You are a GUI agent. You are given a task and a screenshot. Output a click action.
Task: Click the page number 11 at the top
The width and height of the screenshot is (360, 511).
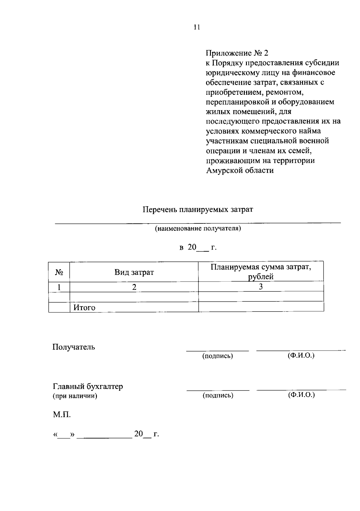click(197, 27)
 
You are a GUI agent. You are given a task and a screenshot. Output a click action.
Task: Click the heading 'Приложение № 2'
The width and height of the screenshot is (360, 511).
click(237, 53)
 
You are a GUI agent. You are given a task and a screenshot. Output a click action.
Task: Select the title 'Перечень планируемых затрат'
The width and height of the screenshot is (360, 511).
click(198, 209)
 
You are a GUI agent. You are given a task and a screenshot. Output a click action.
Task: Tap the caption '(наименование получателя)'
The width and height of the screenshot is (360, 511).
click(198, 229)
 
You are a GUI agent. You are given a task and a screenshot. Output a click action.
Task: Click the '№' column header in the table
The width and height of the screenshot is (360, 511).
click(59, 272)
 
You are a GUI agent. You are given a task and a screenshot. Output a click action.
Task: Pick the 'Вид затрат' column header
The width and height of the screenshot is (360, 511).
click(134, 272)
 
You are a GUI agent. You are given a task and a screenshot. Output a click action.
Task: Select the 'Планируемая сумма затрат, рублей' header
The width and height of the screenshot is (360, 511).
click(261, 272)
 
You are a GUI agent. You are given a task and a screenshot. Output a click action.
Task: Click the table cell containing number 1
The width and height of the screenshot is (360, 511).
click(59, 287)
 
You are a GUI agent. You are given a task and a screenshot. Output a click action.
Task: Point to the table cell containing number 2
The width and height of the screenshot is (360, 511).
click(134, 287)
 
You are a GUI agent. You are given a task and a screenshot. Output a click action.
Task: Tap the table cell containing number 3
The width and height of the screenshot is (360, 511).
click(261, 287)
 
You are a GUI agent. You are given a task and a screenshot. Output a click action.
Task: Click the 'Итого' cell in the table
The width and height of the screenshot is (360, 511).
click(85, 308)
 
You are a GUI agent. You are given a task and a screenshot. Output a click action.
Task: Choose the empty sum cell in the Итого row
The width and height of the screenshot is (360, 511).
click(261, 307)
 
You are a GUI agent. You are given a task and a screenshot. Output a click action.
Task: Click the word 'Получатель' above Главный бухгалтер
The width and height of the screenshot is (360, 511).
click(74, 347)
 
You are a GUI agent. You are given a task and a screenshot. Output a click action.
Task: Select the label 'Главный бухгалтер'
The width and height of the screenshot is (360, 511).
click(88, 386)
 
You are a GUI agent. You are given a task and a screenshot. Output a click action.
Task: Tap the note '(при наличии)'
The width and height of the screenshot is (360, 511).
click(75, 396)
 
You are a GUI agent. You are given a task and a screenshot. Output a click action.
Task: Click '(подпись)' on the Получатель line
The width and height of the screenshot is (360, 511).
click(217, 356)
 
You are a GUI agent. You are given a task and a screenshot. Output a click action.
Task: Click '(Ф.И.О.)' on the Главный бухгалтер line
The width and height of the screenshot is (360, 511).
click(301, 395)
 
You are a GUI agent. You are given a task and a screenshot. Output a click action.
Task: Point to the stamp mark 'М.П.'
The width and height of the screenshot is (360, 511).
click(62, 415)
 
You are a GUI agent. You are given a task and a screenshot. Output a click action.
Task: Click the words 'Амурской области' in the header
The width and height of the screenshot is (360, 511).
click(240, 171)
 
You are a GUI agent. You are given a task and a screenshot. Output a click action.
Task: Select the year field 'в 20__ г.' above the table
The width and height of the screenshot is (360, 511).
click(198, 248)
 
